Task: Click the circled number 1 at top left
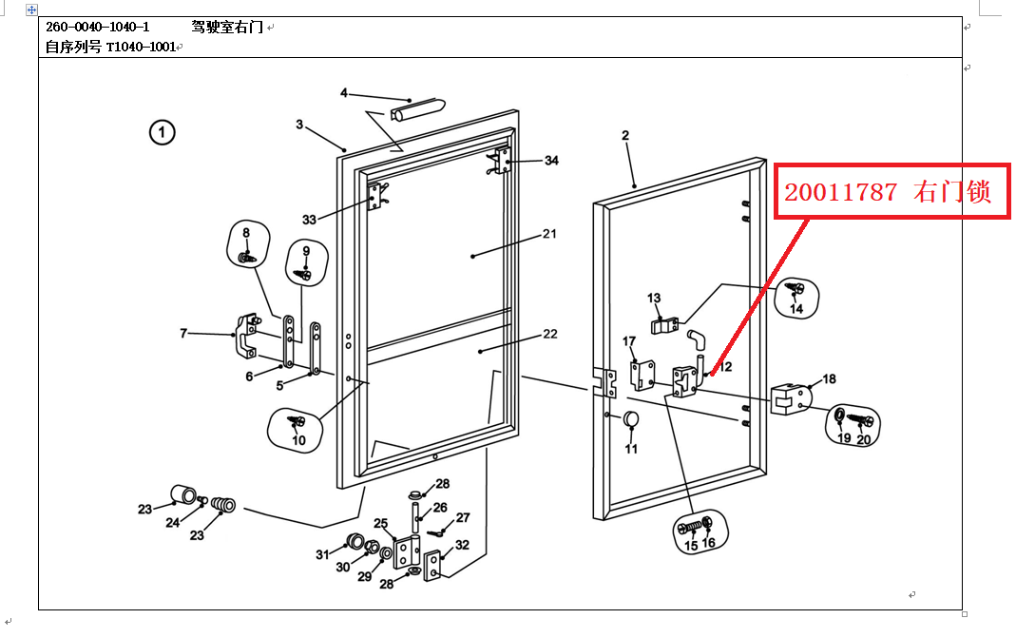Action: click(x=163, y=133)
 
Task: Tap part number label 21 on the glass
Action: click(x=549, y=234)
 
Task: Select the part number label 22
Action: click(x=549, y=334)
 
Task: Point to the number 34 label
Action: click(x=551, y=161)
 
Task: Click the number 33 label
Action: click(x=309, y=220)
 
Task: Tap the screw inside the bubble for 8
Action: click(x=246, y=257)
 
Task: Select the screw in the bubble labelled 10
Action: click(x=297, y=421)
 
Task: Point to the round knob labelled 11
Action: click(x=630, y=420)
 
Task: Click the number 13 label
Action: click(x=654, y=299)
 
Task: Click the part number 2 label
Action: click(x=625, y=136)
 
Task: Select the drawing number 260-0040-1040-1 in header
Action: click(x=98, y=27)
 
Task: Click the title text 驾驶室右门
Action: click(x=220, y=27)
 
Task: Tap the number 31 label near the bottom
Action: click(x=322, y=554)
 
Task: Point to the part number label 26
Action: click(x=440, y=508)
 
